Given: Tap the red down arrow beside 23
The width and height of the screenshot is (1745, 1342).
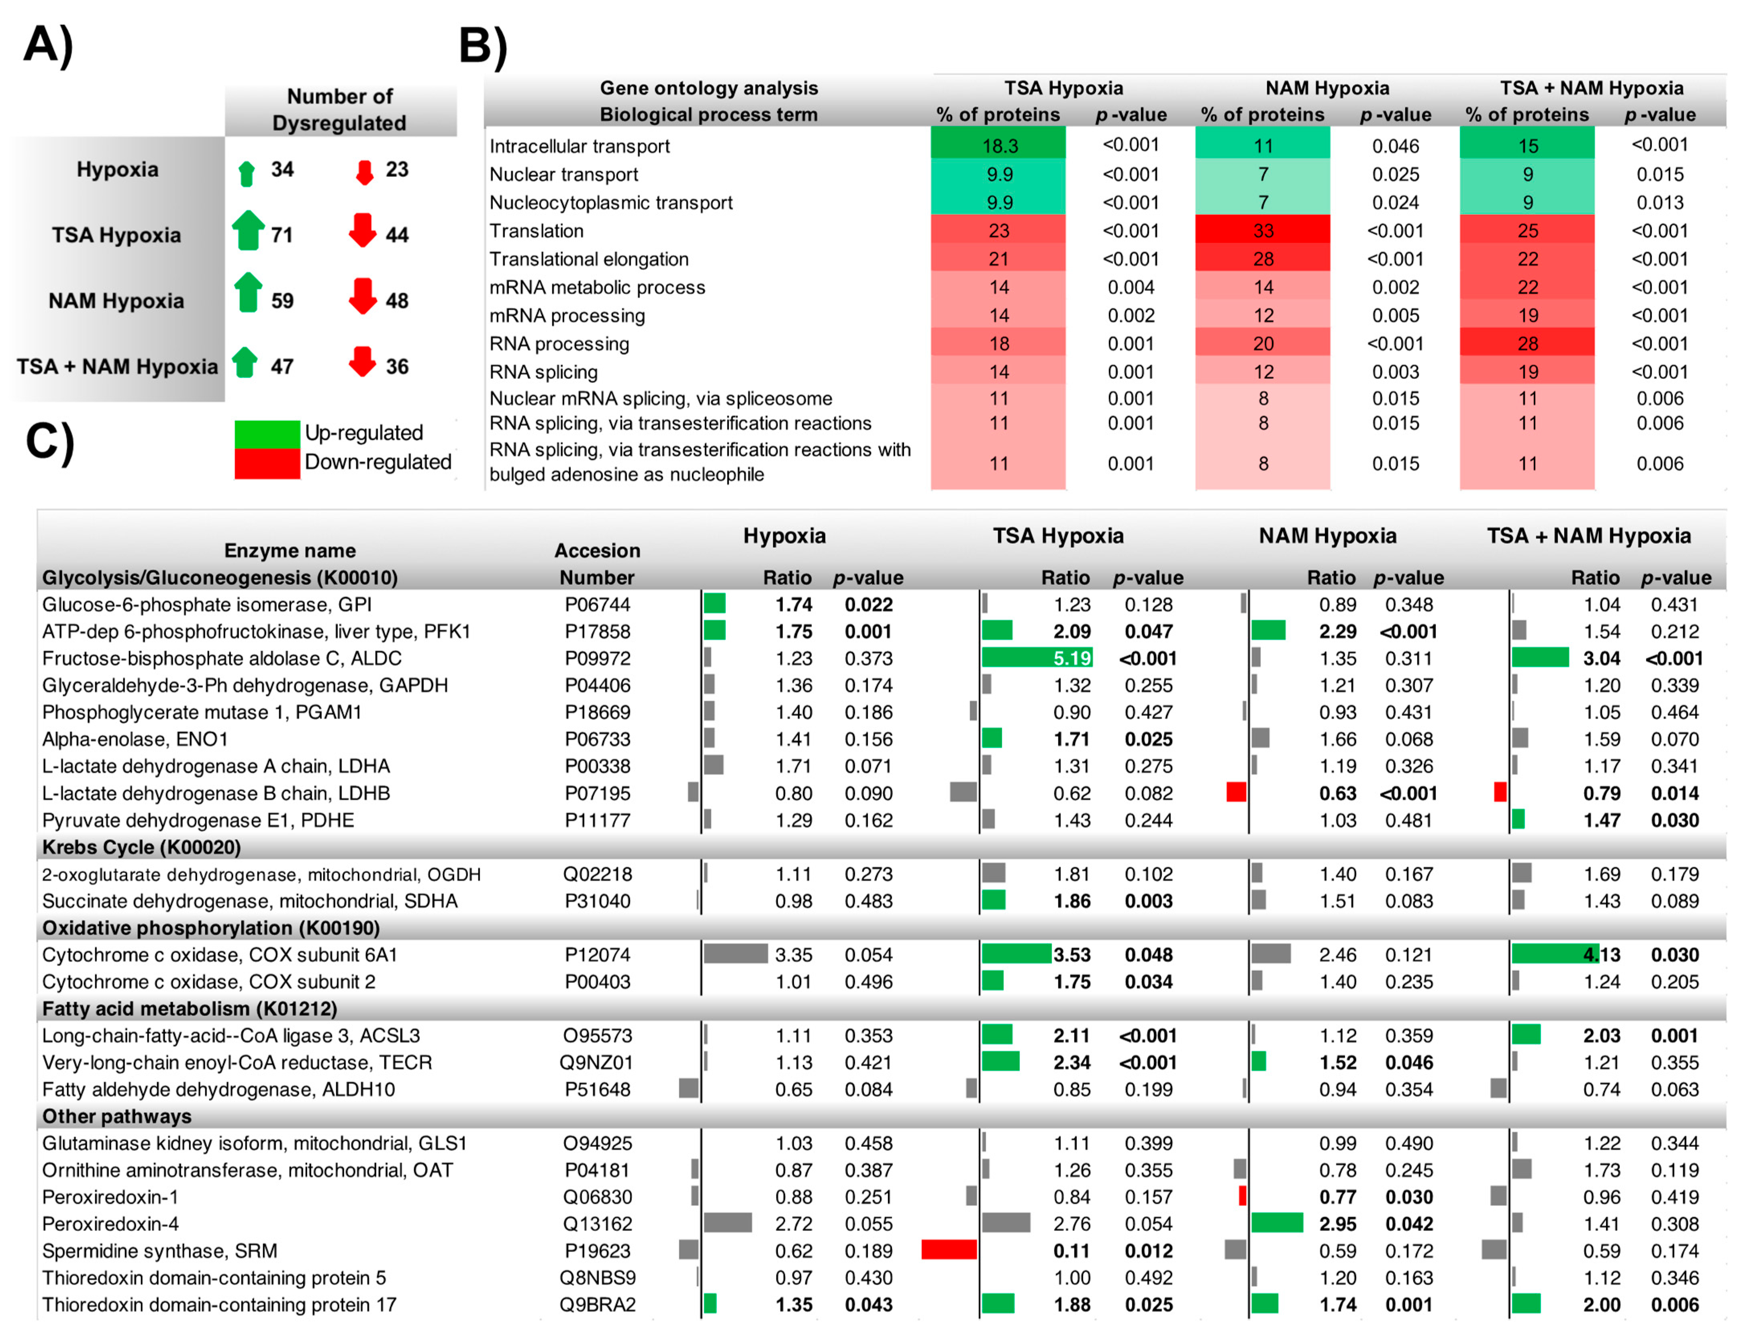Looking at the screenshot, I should pos(364,171).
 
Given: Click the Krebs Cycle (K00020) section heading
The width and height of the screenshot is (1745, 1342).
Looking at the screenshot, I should pos(141,847).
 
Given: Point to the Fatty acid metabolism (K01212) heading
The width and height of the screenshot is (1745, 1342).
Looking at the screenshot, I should pos(189,1008).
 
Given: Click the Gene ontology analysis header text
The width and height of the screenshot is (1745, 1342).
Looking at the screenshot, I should pos(708,88).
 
